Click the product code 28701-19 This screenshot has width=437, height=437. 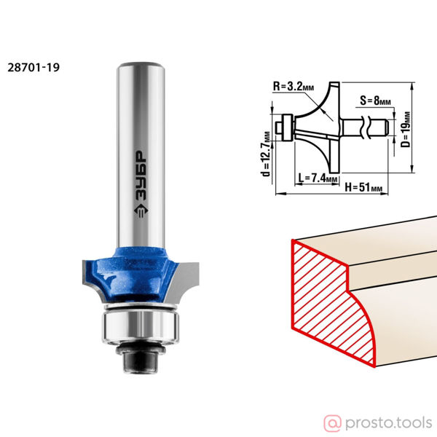pyautogui.click(x=34, y=68)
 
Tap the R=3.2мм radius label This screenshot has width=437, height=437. pyautogui.click(x=294, y=87)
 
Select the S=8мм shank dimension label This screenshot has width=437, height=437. pyautogui.click(x=375, y=101)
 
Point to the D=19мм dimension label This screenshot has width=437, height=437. pyautogui.click(x=406, y=130)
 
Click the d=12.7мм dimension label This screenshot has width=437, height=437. pyautogui.click(x=267, y=154)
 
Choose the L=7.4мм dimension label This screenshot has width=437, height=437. pyautogui.click(x=318, y=178)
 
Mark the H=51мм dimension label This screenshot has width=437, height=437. pyautogui.click(x=363, y=187)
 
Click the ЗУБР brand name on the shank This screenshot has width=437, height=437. pyautogui.click(x=141, y=176)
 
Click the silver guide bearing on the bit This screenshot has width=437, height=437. pyautogui.click(x=141, y=326)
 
